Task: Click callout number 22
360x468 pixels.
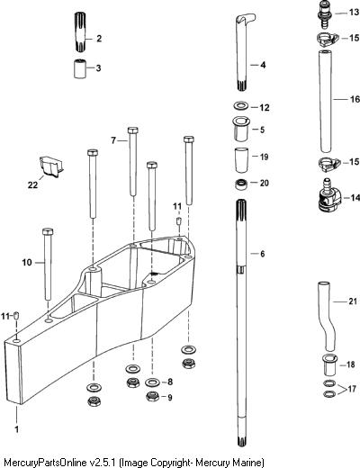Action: point(32,184)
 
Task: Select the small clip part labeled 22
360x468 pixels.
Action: point(50,166)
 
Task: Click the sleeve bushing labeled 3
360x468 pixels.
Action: point(80,68)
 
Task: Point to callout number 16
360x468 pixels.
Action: point(355,99)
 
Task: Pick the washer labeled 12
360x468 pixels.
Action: point(241,106)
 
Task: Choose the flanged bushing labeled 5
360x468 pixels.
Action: point(240,129)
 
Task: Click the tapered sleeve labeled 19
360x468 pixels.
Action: point(241,159)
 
